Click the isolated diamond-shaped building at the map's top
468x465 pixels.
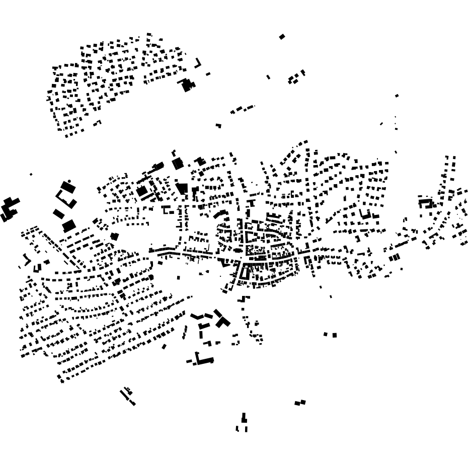(282, 36)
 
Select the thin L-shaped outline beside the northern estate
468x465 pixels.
(198, 63)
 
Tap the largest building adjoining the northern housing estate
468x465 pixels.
(187, 85)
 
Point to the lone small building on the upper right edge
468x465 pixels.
(397, 95)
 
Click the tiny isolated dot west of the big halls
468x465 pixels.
(31, 174)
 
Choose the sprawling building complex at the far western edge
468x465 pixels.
(9, 209)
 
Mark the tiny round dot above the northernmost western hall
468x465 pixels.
(69, 181)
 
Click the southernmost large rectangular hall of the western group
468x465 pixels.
(69, 225)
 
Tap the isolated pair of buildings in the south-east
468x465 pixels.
(300, 402)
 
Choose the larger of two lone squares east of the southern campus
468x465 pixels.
(334, 335)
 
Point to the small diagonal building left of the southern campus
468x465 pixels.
(164, 346)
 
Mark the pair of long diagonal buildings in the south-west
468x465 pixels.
(127, 397)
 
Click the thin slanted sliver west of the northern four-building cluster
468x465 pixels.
(268, 77)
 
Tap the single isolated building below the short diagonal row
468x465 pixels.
(218, 125)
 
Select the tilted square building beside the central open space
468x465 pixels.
(115, 236)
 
